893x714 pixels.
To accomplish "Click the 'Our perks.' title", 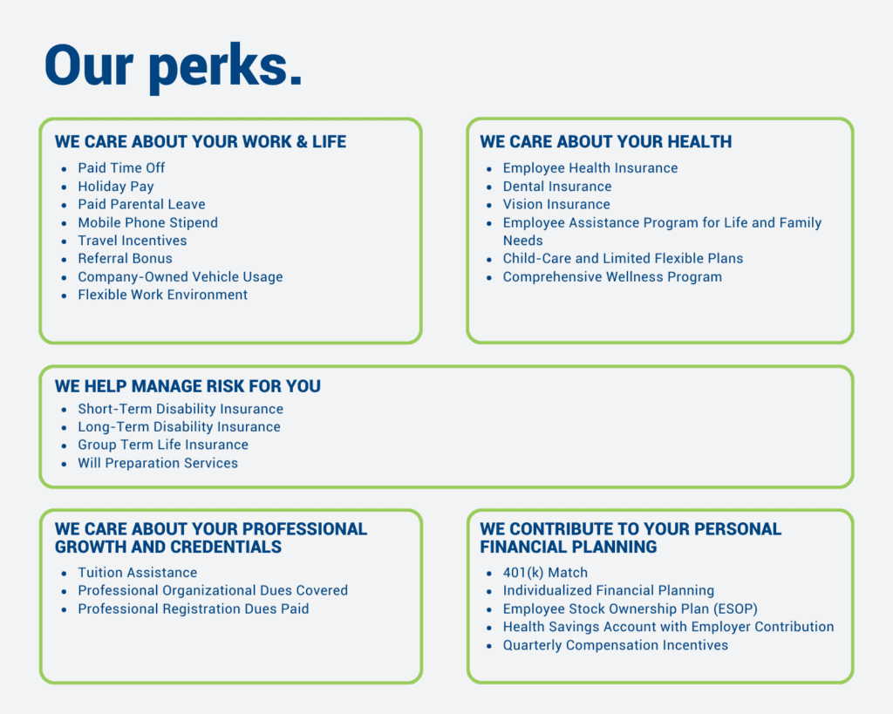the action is pos(174,67).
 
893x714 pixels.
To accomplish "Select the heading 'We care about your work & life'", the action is pos(201,142).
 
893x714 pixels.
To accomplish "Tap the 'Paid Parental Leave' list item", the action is pos(142,204).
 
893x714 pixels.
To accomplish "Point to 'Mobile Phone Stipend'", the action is pos(148,222).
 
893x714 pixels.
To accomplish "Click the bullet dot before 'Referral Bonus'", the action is pos(65,260).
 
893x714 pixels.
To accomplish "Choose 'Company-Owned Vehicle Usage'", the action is pos(181,276).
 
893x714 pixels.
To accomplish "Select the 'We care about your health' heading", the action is pos(606,142).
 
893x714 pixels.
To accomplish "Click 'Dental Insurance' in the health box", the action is pos(557,187).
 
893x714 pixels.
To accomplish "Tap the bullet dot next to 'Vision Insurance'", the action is pos(489,205).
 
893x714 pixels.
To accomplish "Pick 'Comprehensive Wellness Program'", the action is pos(612,276).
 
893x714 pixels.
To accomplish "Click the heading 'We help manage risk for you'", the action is pos(188,386).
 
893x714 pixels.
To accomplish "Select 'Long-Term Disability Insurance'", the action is pos(180,427).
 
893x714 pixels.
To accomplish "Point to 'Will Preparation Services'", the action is pos(158,463).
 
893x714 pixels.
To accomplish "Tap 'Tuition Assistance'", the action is pos(138,573).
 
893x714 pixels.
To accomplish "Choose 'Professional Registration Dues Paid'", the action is pos(194,609).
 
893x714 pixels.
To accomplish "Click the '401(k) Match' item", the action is pos(545,573).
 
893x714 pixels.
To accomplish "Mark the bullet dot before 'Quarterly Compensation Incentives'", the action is pos(489,646).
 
